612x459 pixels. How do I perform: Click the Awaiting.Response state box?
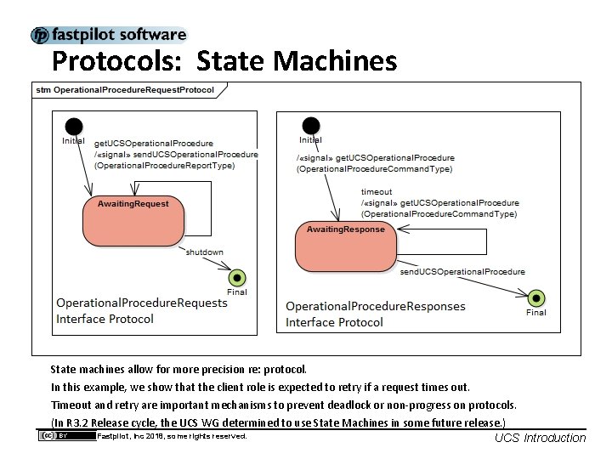(345, 245)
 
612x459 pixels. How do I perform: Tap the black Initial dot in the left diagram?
(74, 126)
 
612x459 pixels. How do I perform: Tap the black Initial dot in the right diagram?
(311, 126)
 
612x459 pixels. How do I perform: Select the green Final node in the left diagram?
(237, 277)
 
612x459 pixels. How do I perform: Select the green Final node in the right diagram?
(535, 297)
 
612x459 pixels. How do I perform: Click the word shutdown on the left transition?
(205, 252)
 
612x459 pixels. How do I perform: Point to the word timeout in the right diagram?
(377, 192)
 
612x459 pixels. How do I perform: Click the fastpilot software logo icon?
(40, 36)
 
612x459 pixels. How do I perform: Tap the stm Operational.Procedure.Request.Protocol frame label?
(124, 89)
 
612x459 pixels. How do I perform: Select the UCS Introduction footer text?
(540, 438)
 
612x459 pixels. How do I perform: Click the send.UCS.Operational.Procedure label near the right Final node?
(462, 272)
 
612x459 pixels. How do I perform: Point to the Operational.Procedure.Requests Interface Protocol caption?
(142, 311)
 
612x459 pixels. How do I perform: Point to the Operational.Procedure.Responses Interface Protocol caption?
(376, 314)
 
